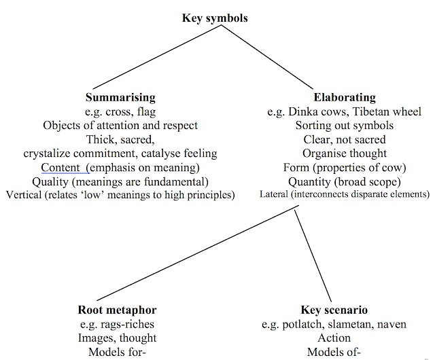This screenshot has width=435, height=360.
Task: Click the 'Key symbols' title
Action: [x=215, y=18]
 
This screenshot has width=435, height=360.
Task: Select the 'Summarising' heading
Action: [x=120, y=98]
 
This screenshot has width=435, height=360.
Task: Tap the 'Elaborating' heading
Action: [x=344, y=98]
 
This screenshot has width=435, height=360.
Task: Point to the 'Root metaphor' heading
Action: [x=117, y=310]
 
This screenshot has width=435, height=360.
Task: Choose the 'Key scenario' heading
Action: [x=334, y=310]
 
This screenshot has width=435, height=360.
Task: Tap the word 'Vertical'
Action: [x=26, y=196]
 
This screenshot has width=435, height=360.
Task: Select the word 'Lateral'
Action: [x=277, y=195]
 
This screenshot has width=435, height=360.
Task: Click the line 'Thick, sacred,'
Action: [x=120, y=139]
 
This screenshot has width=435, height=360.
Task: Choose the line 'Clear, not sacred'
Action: [x=344, y=139]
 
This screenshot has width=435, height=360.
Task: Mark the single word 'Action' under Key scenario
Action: [x=334, y=338]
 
